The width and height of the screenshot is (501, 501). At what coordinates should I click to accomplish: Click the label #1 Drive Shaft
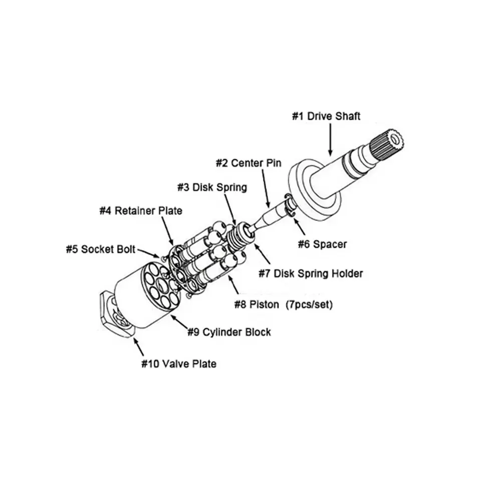[326, 116]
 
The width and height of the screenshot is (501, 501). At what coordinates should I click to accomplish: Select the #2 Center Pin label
[248, 163]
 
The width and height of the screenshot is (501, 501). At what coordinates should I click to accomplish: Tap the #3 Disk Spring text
[212, 187]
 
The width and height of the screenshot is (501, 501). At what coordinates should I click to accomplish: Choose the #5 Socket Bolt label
[100, 249]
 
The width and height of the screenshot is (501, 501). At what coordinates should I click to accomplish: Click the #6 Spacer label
[322, 244]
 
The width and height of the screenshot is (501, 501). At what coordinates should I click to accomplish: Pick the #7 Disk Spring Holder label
[310, 274]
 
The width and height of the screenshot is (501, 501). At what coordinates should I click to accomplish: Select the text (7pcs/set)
[309, 304]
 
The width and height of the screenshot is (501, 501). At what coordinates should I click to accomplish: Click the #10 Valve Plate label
[178, 363]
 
